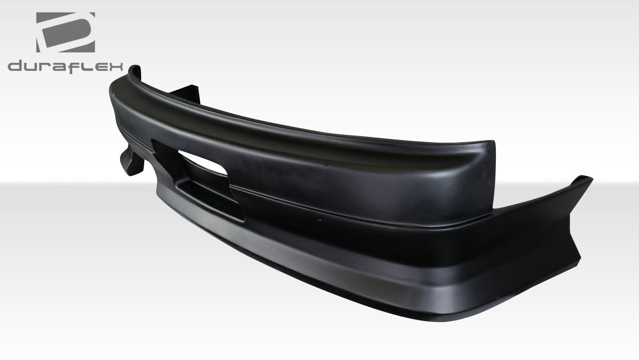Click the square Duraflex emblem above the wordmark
(x=65, y=32)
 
